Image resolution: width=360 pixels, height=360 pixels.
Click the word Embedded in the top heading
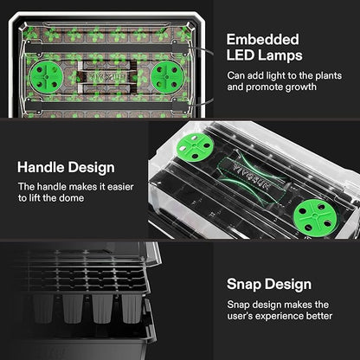(x=263, y=40)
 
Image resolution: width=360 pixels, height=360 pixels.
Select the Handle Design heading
(x=70, y=167)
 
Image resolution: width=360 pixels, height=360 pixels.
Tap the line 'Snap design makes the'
(x=278, y=304)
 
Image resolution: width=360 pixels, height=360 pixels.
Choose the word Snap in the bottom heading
(x=247, y=283)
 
